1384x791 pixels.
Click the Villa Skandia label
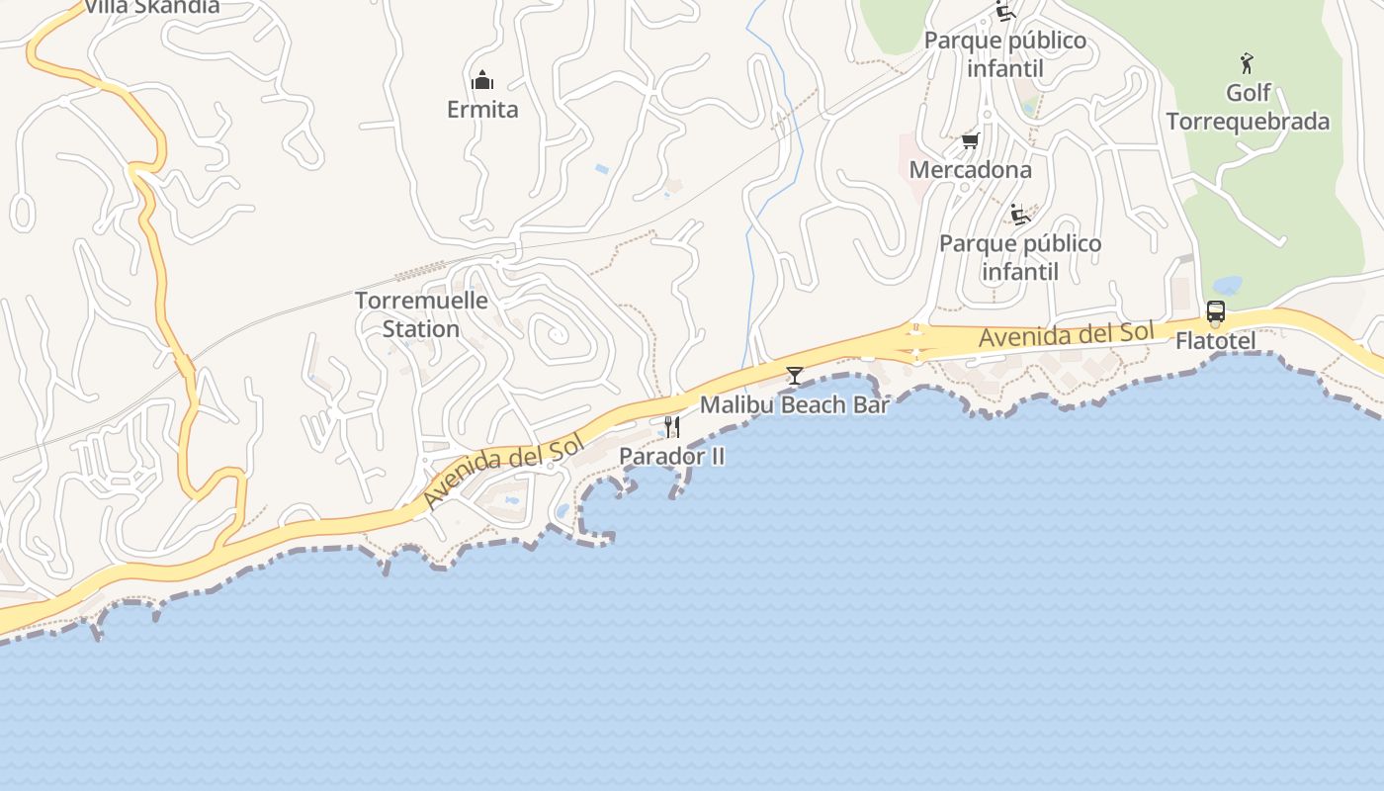pos(151,7)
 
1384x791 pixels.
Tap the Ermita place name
pos(482,109)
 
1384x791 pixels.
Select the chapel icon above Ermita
pos(482,79)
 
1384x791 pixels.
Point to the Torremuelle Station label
pos(421,314)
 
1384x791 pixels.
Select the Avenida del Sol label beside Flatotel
pos(1066,335)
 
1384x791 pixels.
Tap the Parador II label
pos(672,456)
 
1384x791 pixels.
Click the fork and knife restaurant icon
pos(672,426)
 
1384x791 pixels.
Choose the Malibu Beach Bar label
pos(795,404)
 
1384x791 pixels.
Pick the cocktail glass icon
pos(795,375)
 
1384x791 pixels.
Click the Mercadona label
pos(970,169)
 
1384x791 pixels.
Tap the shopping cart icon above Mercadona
pos(970,141)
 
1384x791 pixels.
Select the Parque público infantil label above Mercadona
pos(1005,54)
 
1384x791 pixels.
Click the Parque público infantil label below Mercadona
pos(1020,257)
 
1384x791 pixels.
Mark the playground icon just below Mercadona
pos(1020,214)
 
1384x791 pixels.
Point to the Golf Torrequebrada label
pos(1248,107)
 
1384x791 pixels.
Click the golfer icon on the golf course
pos(1248,63)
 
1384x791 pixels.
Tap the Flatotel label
pos(1215,341)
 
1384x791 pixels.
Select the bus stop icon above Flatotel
pos(1215,312)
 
